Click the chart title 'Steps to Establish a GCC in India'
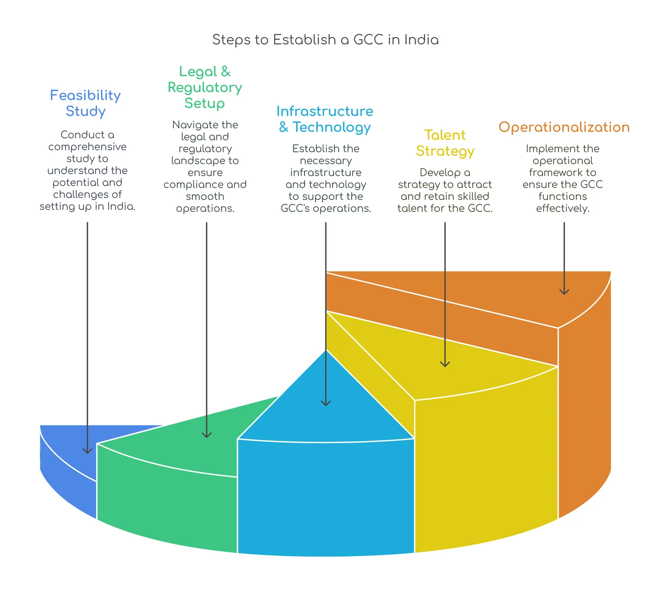click(325, 40)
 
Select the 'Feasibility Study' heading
click(85, 103)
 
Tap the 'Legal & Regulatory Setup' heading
click(205, 87)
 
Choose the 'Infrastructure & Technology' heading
click(325, 119)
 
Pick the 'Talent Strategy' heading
click(445, 143)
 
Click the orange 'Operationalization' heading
click(564, 127)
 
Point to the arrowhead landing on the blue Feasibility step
click(87, 451)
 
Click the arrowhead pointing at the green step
click(207, 435)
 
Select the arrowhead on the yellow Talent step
click(445, 364)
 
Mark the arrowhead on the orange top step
click(564, 292)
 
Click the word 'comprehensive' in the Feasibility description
click(87, 147)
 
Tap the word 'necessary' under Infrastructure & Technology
click(326, 161)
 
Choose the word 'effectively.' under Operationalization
click(563, 208)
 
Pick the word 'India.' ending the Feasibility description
click(121, 206)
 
